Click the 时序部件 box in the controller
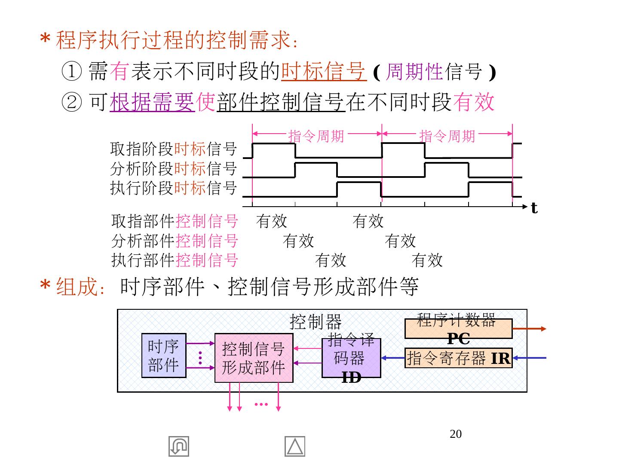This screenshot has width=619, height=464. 164,355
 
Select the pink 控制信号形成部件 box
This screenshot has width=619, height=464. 254,358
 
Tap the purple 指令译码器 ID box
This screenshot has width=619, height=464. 351,358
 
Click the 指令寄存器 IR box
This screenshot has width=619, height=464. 458,358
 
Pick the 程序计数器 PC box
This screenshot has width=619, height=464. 458,329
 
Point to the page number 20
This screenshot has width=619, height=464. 455,434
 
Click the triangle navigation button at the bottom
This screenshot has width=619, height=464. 295,446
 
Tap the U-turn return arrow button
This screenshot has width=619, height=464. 179,446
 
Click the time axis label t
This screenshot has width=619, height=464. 534,208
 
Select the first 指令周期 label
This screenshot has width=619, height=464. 316,136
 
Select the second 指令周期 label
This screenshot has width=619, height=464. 447,136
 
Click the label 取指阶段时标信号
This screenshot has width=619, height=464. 173,149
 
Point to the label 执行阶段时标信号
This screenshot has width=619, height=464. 173,188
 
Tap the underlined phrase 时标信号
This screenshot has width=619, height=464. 323,71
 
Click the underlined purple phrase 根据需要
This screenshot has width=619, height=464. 152,102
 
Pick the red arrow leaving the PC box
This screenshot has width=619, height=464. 529,329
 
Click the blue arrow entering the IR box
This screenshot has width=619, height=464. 529,358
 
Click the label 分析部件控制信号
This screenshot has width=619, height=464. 175,241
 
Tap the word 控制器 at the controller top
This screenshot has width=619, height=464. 316,321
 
